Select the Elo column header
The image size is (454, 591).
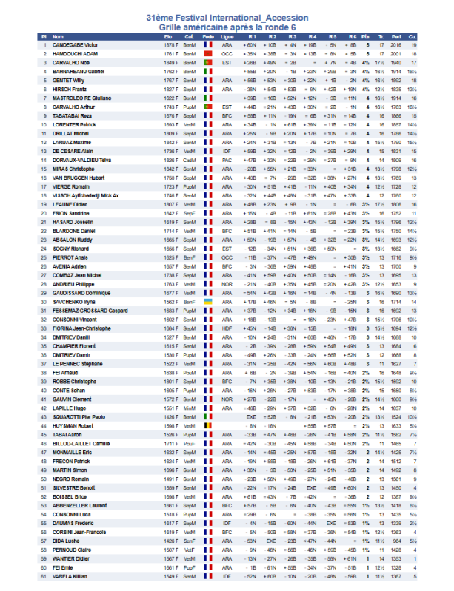coord(168,36)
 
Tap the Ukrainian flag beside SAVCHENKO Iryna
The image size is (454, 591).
coord(208,302)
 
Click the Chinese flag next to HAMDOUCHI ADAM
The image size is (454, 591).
coord(208,54)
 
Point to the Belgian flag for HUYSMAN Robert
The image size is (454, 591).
coord(208,426)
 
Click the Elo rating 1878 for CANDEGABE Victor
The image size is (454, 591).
coord(168,45)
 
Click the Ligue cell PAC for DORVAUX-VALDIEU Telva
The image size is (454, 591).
coord(227,160)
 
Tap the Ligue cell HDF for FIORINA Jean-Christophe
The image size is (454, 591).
coord(227,328)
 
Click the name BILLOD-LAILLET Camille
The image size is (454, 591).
coord(81,444)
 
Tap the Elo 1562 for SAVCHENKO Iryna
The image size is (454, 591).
coord(168,302)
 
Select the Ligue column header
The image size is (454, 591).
coord(227,36)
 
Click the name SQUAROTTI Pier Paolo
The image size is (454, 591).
coord(81,417)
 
